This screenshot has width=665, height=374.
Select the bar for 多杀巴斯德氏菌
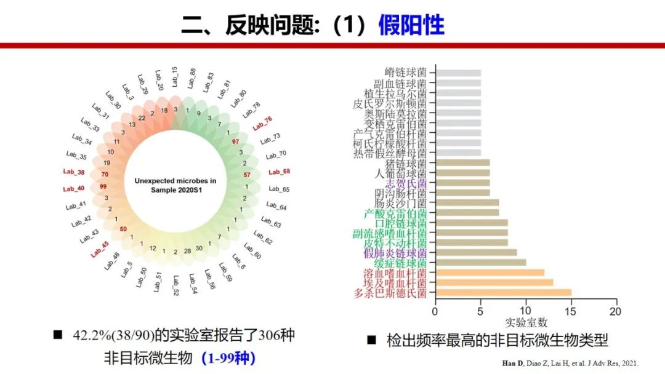503,292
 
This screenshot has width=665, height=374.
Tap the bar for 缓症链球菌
480,263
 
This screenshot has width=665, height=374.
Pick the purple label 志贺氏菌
406,183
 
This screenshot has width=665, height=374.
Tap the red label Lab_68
279,172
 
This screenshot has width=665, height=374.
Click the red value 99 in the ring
103,186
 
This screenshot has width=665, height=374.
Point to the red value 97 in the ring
235,141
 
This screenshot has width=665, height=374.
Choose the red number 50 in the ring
123,229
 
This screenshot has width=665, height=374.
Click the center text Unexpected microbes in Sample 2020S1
175,185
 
